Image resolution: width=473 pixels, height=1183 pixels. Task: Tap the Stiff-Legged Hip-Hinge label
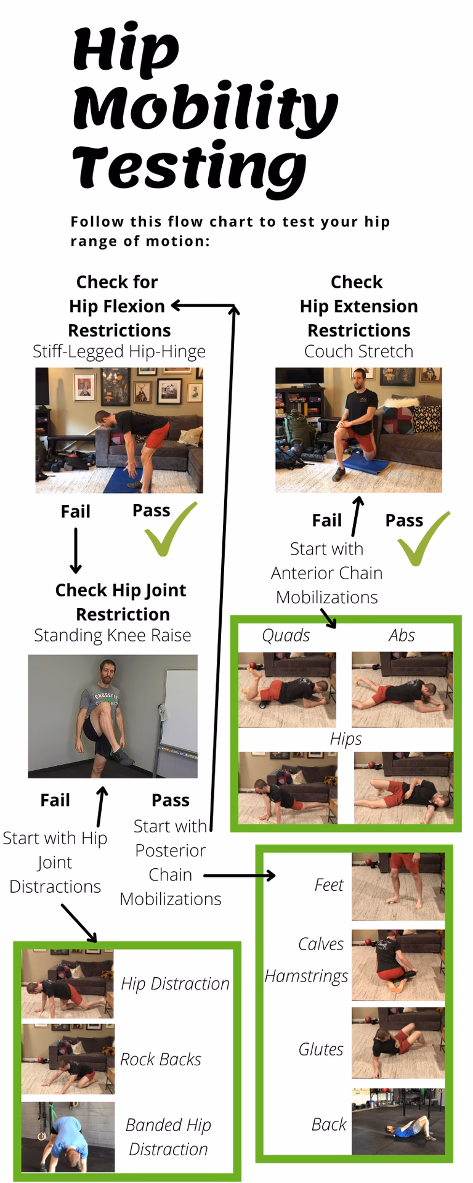[119, 352]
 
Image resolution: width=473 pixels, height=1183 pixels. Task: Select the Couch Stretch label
[358, 352]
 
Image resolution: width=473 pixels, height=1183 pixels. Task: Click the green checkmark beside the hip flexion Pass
[170, 529]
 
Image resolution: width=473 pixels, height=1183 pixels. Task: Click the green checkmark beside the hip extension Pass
[423, 538]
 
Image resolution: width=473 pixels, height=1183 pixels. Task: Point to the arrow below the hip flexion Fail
[76, 550]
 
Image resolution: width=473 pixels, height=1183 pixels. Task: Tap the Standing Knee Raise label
[113, 635]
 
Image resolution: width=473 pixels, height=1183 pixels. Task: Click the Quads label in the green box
[286, 635]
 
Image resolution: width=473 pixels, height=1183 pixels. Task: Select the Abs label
[402, 635]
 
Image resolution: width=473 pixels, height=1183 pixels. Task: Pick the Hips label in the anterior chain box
[346, 739]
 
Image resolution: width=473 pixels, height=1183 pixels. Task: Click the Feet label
[329, 885]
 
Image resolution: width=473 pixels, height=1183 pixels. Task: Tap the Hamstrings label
[306, 977]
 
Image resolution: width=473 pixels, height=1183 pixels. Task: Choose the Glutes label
[321, 1049]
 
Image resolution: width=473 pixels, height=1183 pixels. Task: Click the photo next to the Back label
[398, 1121]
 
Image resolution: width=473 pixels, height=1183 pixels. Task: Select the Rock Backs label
[161, 1059]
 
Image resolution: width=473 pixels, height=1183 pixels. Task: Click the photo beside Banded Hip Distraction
[68, 1137]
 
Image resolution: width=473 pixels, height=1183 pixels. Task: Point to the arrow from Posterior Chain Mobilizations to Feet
[240, 876]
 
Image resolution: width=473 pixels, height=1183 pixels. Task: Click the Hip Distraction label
[175, 984]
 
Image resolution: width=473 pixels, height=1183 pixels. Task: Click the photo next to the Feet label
[398, 887]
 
